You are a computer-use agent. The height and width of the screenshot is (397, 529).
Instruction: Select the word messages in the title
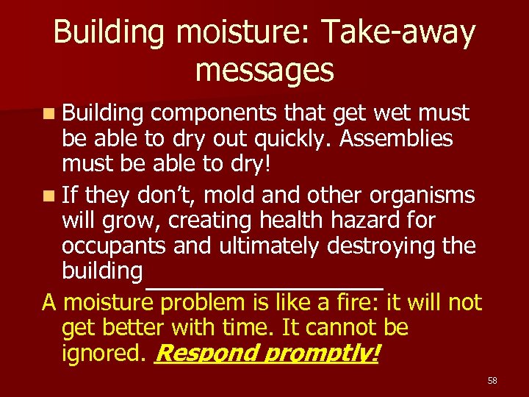click(x=264, y=70)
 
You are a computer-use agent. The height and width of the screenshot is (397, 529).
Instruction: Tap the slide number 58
click(x=492, y=380)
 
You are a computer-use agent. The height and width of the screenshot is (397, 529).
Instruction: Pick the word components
click(x=214, y=114)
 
